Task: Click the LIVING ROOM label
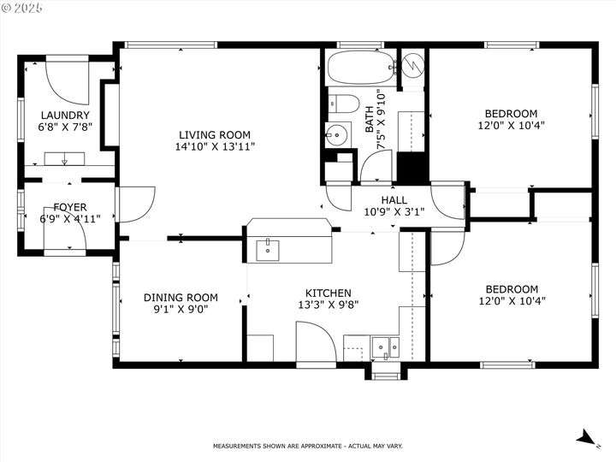[215, 135]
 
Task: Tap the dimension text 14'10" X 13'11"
[215, 146]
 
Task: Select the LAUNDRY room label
[65, 115]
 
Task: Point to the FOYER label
[70, 207]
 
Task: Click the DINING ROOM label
[181, 298]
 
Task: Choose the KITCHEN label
[328, 293]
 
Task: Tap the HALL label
[394, 200]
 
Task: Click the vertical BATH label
[370, 119]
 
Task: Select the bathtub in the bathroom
[361, 68]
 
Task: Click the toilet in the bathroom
[344, 104]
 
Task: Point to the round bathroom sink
[337, 135]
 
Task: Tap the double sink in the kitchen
[385, 347]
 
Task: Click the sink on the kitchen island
[268, 251]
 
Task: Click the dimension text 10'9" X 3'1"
[394, 212]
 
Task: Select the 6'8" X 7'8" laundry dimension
[65, 127]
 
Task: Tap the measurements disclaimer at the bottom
[308, 446]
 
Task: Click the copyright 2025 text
[21, 8]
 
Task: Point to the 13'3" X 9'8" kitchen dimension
[328, 305]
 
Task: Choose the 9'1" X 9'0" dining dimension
[181, 309]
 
